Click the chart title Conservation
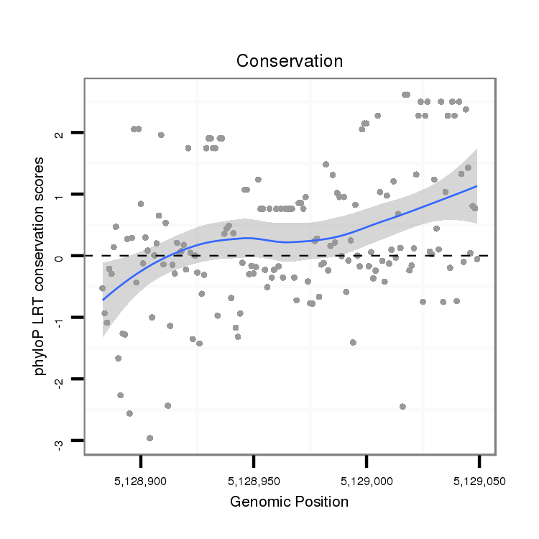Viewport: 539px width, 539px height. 290,61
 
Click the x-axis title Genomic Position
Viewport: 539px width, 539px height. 289,502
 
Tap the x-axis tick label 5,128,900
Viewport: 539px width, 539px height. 141,481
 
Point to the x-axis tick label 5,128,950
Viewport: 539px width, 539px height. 254,481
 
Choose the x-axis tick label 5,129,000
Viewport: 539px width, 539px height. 367,481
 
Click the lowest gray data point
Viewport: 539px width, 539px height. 149,438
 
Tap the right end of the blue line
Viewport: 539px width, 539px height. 476,185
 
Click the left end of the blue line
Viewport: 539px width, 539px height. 103,300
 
